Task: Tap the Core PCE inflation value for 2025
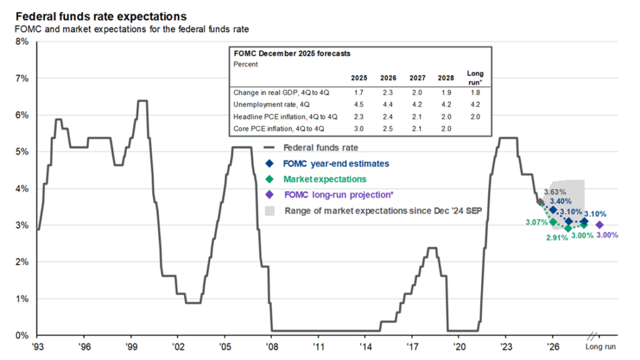pyautogui.click(x=359, y=129)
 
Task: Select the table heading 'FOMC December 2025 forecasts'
pyautogui.click(x=283, y=54)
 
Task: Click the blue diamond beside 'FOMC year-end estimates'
pyautogui.click(x=269, y=164)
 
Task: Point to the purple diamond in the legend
pyautogui.click(x=269, y=194)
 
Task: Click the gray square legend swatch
pyautogui.click(x=269, y=211)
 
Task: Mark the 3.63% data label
pyautogui.click(x=555, y=191)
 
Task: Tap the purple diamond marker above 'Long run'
pyautogui.click(x=599, y=225)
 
